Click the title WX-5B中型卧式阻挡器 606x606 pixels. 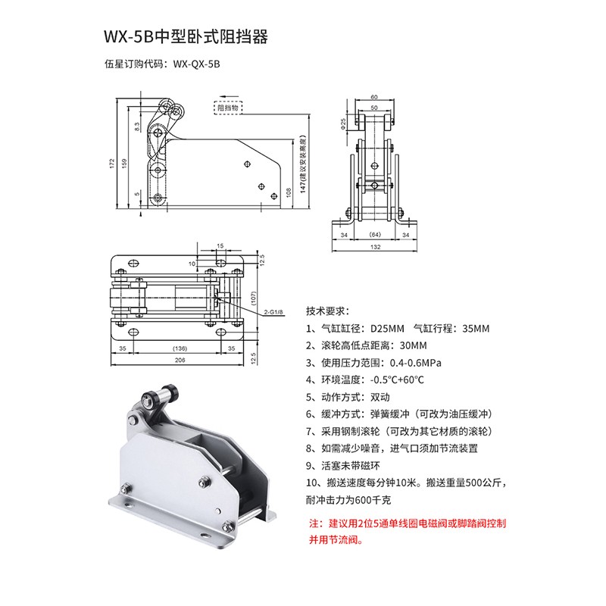(186, 37)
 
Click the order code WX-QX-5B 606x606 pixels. (196, 64)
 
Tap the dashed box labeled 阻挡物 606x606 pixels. (228, 108)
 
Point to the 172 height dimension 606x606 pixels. (112, 163)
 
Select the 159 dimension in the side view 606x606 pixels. (124, 163)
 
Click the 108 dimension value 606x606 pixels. (289, 192)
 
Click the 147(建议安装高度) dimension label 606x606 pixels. (303, 164)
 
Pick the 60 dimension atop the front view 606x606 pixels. (374, 97)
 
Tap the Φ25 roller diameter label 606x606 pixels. (343, 123)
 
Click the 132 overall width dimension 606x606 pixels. (375, 247)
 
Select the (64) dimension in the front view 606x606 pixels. (375, 235)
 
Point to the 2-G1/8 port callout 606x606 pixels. (273, 312)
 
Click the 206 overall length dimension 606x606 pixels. (180, 360)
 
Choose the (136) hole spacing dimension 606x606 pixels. (180, 348)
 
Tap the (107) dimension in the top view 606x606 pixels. (254, 298)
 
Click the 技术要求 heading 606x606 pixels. (328, 311)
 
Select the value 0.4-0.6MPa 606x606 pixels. (415, 363)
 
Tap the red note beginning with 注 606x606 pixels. (407, 532)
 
